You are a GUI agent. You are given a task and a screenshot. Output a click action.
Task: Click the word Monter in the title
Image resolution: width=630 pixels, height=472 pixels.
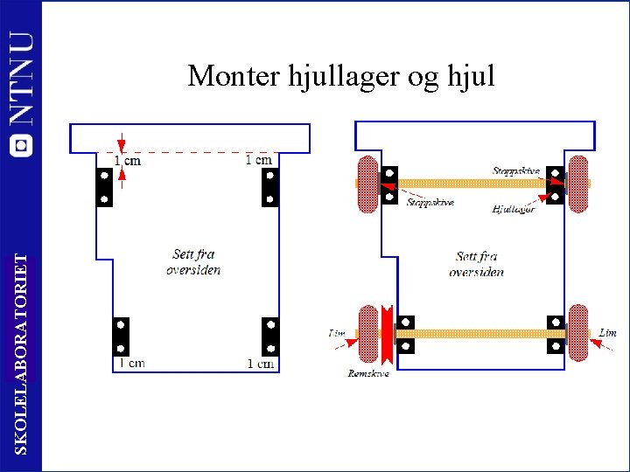[x=234, y=76]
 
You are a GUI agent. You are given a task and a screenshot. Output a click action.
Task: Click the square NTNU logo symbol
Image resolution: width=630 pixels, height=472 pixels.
[x=21, y=145]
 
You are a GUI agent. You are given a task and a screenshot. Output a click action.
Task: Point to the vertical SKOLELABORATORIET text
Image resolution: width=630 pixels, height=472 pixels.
[x=29, y=354]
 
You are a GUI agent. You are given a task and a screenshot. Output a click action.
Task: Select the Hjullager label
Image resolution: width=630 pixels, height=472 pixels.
[x=514, y=210]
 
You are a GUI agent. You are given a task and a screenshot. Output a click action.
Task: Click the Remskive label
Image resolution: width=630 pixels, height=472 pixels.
[x=367, y=373]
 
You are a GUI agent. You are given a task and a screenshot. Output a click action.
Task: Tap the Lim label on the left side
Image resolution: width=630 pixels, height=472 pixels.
[x=337, y=333]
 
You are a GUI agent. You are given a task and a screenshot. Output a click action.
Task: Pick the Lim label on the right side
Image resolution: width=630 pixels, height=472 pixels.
[x=608, y=333]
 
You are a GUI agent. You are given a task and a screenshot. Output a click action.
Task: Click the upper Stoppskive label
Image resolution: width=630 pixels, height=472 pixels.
[x=516, y=171]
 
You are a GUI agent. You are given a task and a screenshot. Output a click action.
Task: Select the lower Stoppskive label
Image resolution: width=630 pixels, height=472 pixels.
[x=430, y=203]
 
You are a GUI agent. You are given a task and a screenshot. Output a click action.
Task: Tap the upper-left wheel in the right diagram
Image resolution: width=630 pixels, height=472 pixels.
[x=367, y=184]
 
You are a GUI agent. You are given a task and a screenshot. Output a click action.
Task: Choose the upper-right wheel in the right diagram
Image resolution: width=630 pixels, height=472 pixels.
[x=578, y=184]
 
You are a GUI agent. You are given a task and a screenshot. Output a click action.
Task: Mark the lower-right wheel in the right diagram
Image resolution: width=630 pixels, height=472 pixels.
[x=578, y=334]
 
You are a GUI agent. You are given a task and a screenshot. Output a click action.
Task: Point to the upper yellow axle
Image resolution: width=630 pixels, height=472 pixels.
[x=472, y=184]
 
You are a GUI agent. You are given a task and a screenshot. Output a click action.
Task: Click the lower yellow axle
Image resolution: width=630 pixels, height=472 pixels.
[x=477, y=334]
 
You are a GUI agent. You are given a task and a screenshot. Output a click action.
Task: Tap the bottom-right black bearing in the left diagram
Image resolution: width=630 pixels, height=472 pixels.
[x=270, y=336]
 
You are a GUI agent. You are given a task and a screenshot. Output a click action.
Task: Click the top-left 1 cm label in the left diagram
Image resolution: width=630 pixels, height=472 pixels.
[x=128, y=161]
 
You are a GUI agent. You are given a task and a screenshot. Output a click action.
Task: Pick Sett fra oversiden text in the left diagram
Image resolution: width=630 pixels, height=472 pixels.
[x=193, y=262]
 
